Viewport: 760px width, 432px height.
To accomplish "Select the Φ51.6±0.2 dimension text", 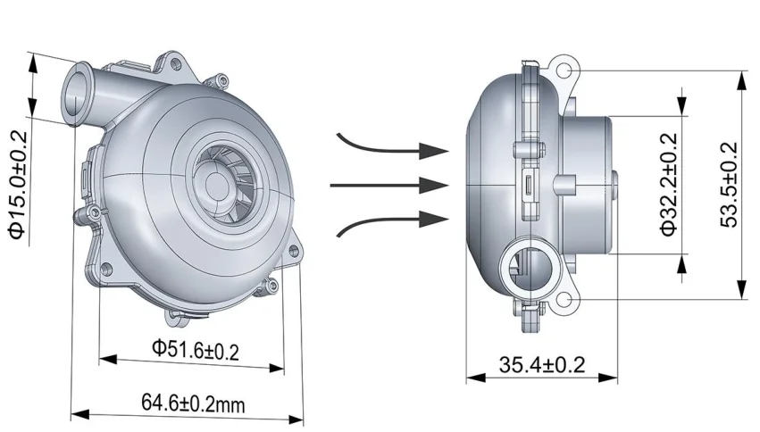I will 196,349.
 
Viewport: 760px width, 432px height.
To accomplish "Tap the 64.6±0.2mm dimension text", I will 193,403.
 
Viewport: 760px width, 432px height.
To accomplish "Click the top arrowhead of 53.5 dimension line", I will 740,74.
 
